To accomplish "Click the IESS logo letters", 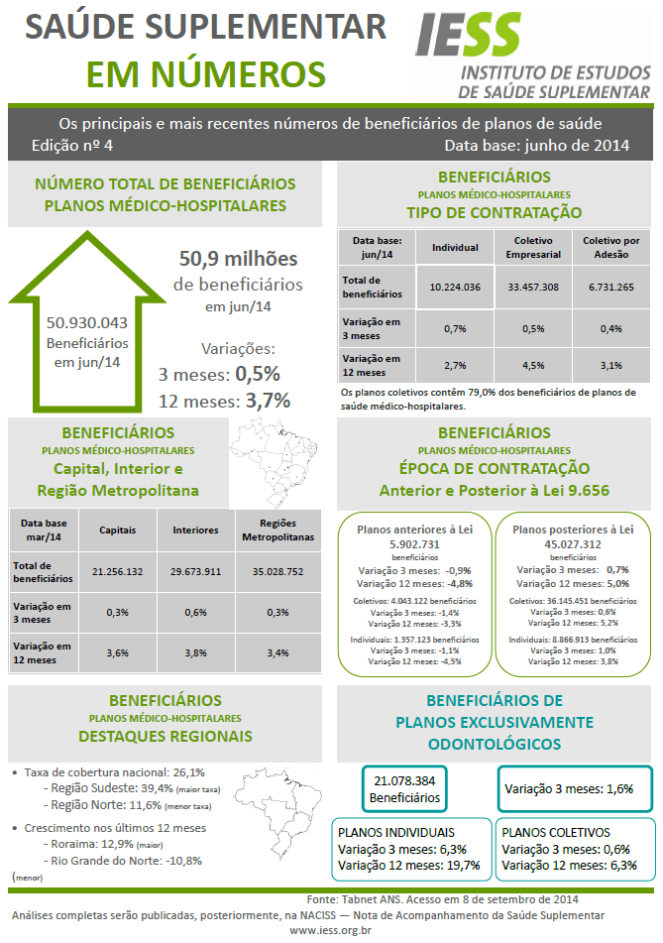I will [x=468, y=37].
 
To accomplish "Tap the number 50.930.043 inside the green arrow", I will [x=87, y=322].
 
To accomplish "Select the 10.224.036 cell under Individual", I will [x=455, y=287].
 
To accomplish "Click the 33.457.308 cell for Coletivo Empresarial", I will [x=533, y=287].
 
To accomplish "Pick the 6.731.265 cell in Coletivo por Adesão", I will [x=610, y=287].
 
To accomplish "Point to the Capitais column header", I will [x=117, y=530].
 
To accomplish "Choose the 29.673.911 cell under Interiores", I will [x=195, y=571].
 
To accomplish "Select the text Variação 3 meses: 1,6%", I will [x=569, y=789].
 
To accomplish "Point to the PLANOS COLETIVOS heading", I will [x=556, y=833].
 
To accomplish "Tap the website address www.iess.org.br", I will [x=331, y=931].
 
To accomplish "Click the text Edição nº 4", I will [x=73, y=145].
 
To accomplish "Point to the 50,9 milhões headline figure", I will [x=238, y=259].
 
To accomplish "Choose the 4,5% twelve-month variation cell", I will [x=533, y=364].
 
